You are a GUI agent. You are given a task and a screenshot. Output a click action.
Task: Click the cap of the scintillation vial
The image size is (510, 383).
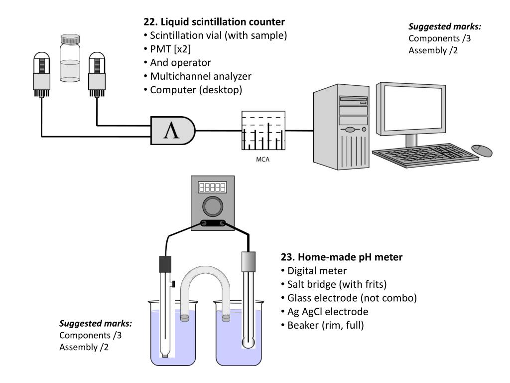[70, 39]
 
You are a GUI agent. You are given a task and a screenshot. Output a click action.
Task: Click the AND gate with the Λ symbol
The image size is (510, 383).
[173, 131]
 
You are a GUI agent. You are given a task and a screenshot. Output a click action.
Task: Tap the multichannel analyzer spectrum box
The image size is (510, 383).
[263, 131]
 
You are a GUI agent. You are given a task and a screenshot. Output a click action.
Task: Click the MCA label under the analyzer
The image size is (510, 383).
[263, 159]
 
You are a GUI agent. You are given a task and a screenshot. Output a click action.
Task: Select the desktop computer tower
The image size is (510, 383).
[342, 127]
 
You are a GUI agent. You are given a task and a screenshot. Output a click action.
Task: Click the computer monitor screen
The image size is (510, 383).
[411, 109]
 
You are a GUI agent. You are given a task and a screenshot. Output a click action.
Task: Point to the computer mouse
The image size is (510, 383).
[482, 150]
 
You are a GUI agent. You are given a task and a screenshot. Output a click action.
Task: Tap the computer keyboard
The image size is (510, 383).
[425, 155]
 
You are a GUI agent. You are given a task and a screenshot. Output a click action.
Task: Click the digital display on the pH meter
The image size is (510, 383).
[212, 188]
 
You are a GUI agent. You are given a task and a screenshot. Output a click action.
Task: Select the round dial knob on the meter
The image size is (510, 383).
[213, 206]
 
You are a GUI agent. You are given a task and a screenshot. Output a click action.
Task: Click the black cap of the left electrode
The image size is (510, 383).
[165, 264]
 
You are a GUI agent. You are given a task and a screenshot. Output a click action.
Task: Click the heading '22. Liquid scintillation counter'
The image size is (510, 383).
[214, 22]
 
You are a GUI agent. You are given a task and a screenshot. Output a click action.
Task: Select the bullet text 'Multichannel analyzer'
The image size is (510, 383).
[201, 76]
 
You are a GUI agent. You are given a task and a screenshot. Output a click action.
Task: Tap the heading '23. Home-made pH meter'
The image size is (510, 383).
[342, 257]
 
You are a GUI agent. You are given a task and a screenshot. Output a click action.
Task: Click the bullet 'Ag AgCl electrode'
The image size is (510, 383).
[328, 312]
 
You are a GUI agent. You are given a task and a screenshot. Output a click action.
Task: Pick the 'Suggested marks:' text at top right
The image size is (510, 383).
[445, 26]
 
